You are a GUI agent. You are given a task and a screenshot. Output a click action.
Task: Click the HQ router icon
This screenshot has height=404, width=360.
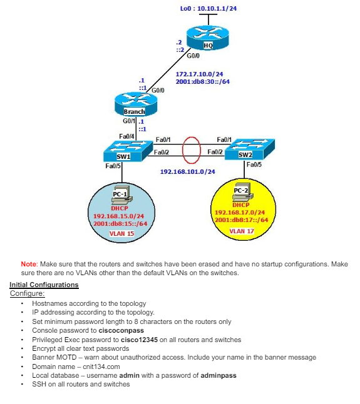tap(208, 38)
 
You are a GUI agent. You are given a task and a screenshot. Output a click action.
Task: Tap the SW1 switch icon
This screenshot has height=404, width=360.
tap(123, 151)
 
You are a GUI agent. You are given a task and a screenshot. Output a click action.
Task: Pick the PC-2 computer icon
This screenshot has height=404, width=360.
tap(241, 189)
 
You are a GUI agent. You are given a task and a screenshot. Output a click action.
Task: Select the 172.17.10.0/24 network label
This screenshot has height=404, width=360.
tap(199, 74)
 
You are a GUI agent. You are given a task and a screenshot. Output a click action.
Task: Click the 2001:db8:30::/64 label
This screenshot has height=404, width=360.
tap(202, 81)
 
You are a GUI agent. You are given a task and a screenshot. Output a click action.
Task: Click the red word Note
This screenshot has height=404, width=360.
tap(28, 265)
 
